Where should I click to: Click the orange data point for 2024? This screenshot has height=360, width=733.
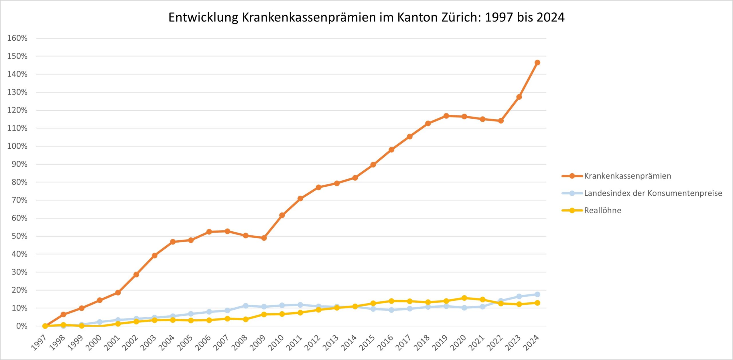537,62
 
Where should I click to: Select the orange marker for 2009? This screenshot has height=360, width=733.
264,238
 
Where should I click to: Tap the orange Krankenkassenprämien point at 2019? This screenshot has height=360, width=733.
446,116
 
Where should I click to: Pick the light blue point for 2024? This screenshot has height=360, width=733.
537,294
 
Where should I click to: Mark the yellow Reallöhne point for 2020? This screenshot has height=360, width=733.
464,298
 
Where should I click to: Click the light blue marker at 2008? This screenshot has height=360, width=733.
245,306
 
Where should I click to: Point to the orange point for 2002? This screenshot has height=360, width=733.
136,274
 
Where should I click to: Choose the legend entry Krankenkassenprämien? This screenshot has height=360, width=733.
627,176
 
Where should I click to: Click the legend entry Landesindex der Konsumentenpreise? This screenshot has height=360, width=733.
653,193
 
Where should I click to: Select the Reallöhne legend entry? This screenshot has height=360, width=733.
602,211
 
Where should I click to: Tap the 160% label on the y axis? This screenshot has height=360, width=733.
17,38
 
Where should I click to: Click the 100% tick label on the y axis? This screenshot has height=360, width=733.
17,146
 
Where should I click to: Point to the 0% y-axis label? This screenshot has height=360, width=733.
22,326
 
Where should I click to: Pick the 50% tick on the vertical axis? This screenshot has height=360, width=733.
19,236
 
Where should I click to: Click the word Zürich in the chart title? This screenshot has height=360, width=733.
461,17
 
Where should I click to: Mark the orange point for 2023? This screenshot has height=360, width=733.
519,97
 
